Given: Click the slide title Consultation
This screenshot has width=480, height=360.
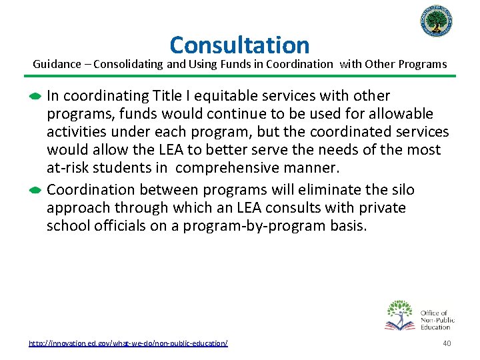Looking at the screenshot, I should tap(239, 45).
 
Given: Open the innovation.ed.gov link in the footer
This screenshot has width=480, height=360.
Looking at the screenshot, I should tap(128, 343).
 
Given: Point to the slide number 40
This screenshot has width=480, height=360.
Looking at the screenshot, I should tap(447, 343).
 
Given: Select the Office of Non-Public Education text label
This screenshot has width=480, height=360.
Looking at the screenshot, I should tap(437, 319).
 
